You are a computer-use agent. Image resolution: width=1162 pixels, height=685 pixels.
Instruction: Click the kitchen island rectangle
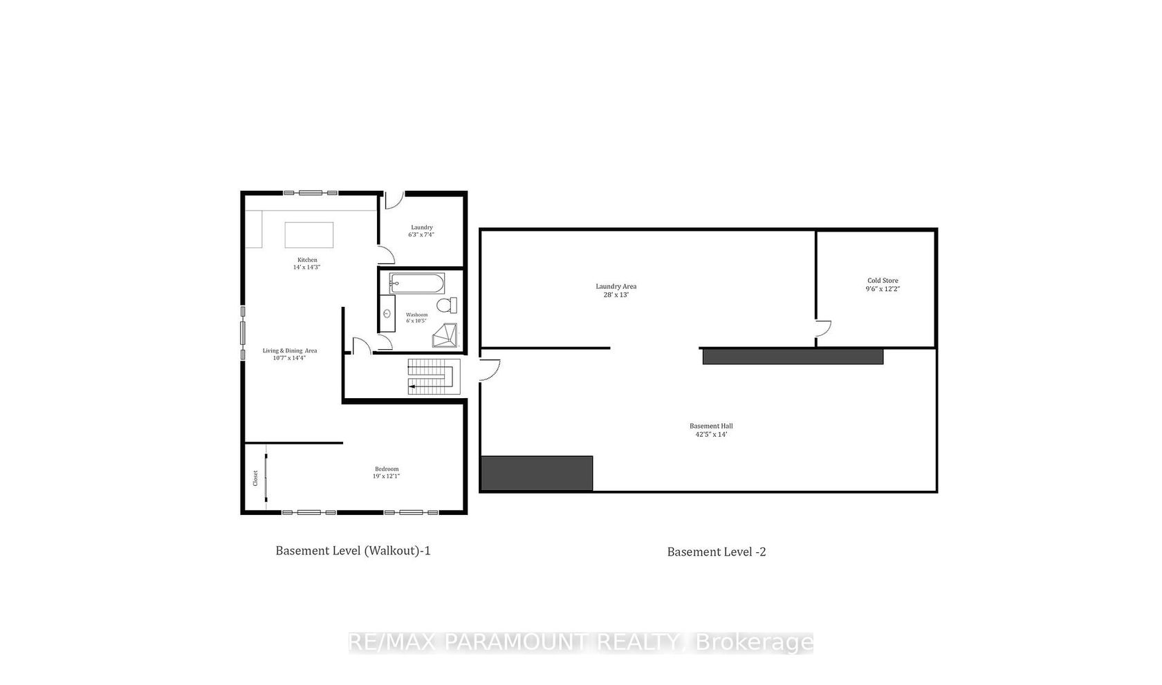(308, 235)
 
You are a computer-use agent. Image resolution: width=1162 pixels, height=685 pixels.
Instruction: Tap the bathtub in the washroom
(417, 283)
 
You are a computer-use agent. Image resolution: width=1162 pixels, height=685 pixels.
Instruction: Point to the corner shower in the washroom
(445, 335)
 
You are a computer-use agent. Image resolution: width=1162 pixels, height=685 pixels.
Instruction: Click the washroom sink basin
(387, 313)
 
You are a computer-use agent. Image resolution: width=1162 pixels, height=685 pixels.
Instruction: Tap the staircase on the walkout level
(434, 377)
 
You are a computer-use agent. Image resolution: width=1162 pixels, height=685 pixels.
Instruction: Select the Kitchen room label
(307, 260)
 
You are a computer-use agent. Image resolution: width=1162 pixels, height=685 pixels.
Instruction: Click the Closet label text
(255, 478)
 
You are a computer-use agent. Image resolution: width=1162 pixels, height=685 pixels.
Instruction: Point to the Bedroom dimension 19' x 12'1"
(387, 476)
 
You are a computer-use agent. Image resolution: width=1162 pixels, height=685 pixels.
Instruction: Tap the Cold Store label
(883, 281)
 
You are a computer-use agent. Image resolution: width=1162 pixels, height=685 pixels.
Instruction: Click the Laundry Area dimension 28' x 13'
(616, 294)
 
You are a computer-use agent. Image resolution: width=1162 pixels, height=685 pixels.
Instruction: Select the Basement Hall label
(711, 426)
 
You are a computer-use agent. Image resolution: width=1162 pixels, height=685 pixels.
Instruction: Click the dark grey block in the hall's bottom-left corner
(537, 473)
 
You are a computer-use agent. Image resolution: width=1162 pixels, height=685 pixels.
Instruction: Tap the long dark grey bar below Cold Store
(793, 357)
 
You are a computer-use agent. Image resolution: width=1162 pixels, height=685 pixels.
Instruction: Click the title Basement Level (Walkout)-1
(353, 551)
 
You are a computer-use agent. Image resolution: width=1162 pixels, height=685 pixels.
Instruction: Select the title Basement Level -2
(717, 552)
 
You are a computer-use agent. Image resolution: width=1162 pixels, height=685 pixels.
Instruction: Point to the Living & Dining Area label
(289, 350)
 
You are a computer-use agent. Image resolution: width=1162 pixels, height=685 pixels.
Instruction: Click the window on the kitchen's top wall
(310, 193)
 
